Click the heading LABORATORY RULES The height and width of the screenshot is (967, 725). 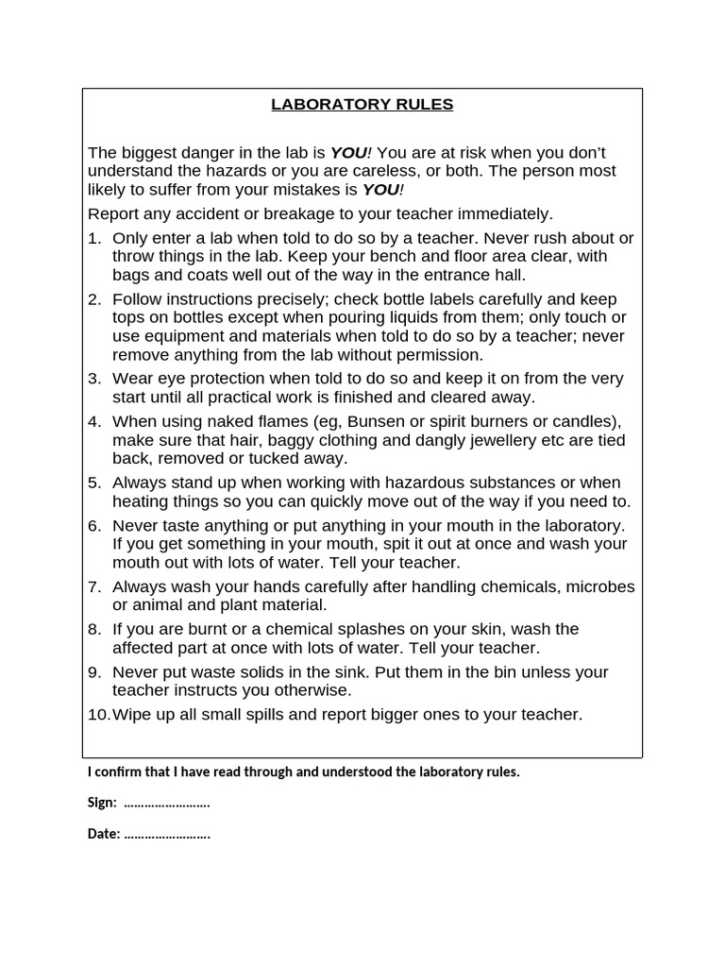point(362,105)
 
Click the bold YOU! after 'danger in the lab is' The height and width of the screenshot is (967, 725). point(350,153)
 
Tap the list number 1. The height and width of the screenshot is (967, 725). point(93,238)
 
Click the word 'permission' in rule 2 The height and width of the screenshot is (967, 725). point(437,355)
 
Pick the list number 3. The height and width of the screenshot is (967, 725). point(93,379)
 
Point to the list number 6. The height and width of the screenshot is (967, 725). point(93,525)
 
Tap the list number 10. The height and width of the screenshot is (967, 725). point(98,714)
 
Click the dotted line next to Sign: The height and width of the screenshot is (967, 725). point(166,803)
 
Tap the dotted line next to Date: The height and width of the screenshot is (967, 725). point(167,834)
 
